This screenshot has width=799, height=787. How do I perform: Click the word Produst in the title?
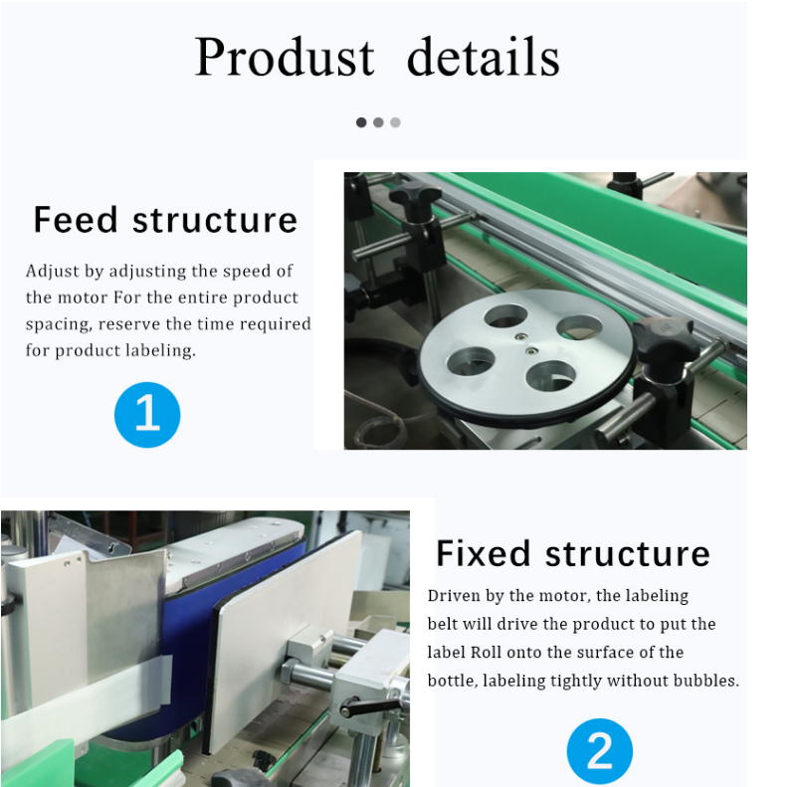pos(285,57)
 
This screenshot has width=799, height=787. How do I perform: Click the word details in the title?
pos(483,57)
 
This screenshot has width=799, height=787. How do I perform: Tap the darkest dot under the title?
pos(361,122)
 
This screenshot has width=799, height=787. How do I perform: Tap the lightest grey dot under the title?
pos(395,122)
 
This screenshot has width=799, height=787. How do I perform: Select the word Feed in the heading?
pos(76,220)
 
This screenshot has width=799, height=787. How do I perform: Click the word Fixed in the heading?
pos(483,554)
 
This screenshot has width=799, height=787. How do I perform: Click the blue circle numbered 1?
pos(147,415)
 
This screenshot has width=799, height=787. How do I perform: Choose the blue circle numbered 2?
pos(600,751)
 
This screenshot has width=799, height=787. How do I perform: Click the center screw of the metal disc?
pos(531,351)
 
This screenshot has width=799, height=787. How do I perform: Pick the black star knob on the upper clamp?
pos(415,197)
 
